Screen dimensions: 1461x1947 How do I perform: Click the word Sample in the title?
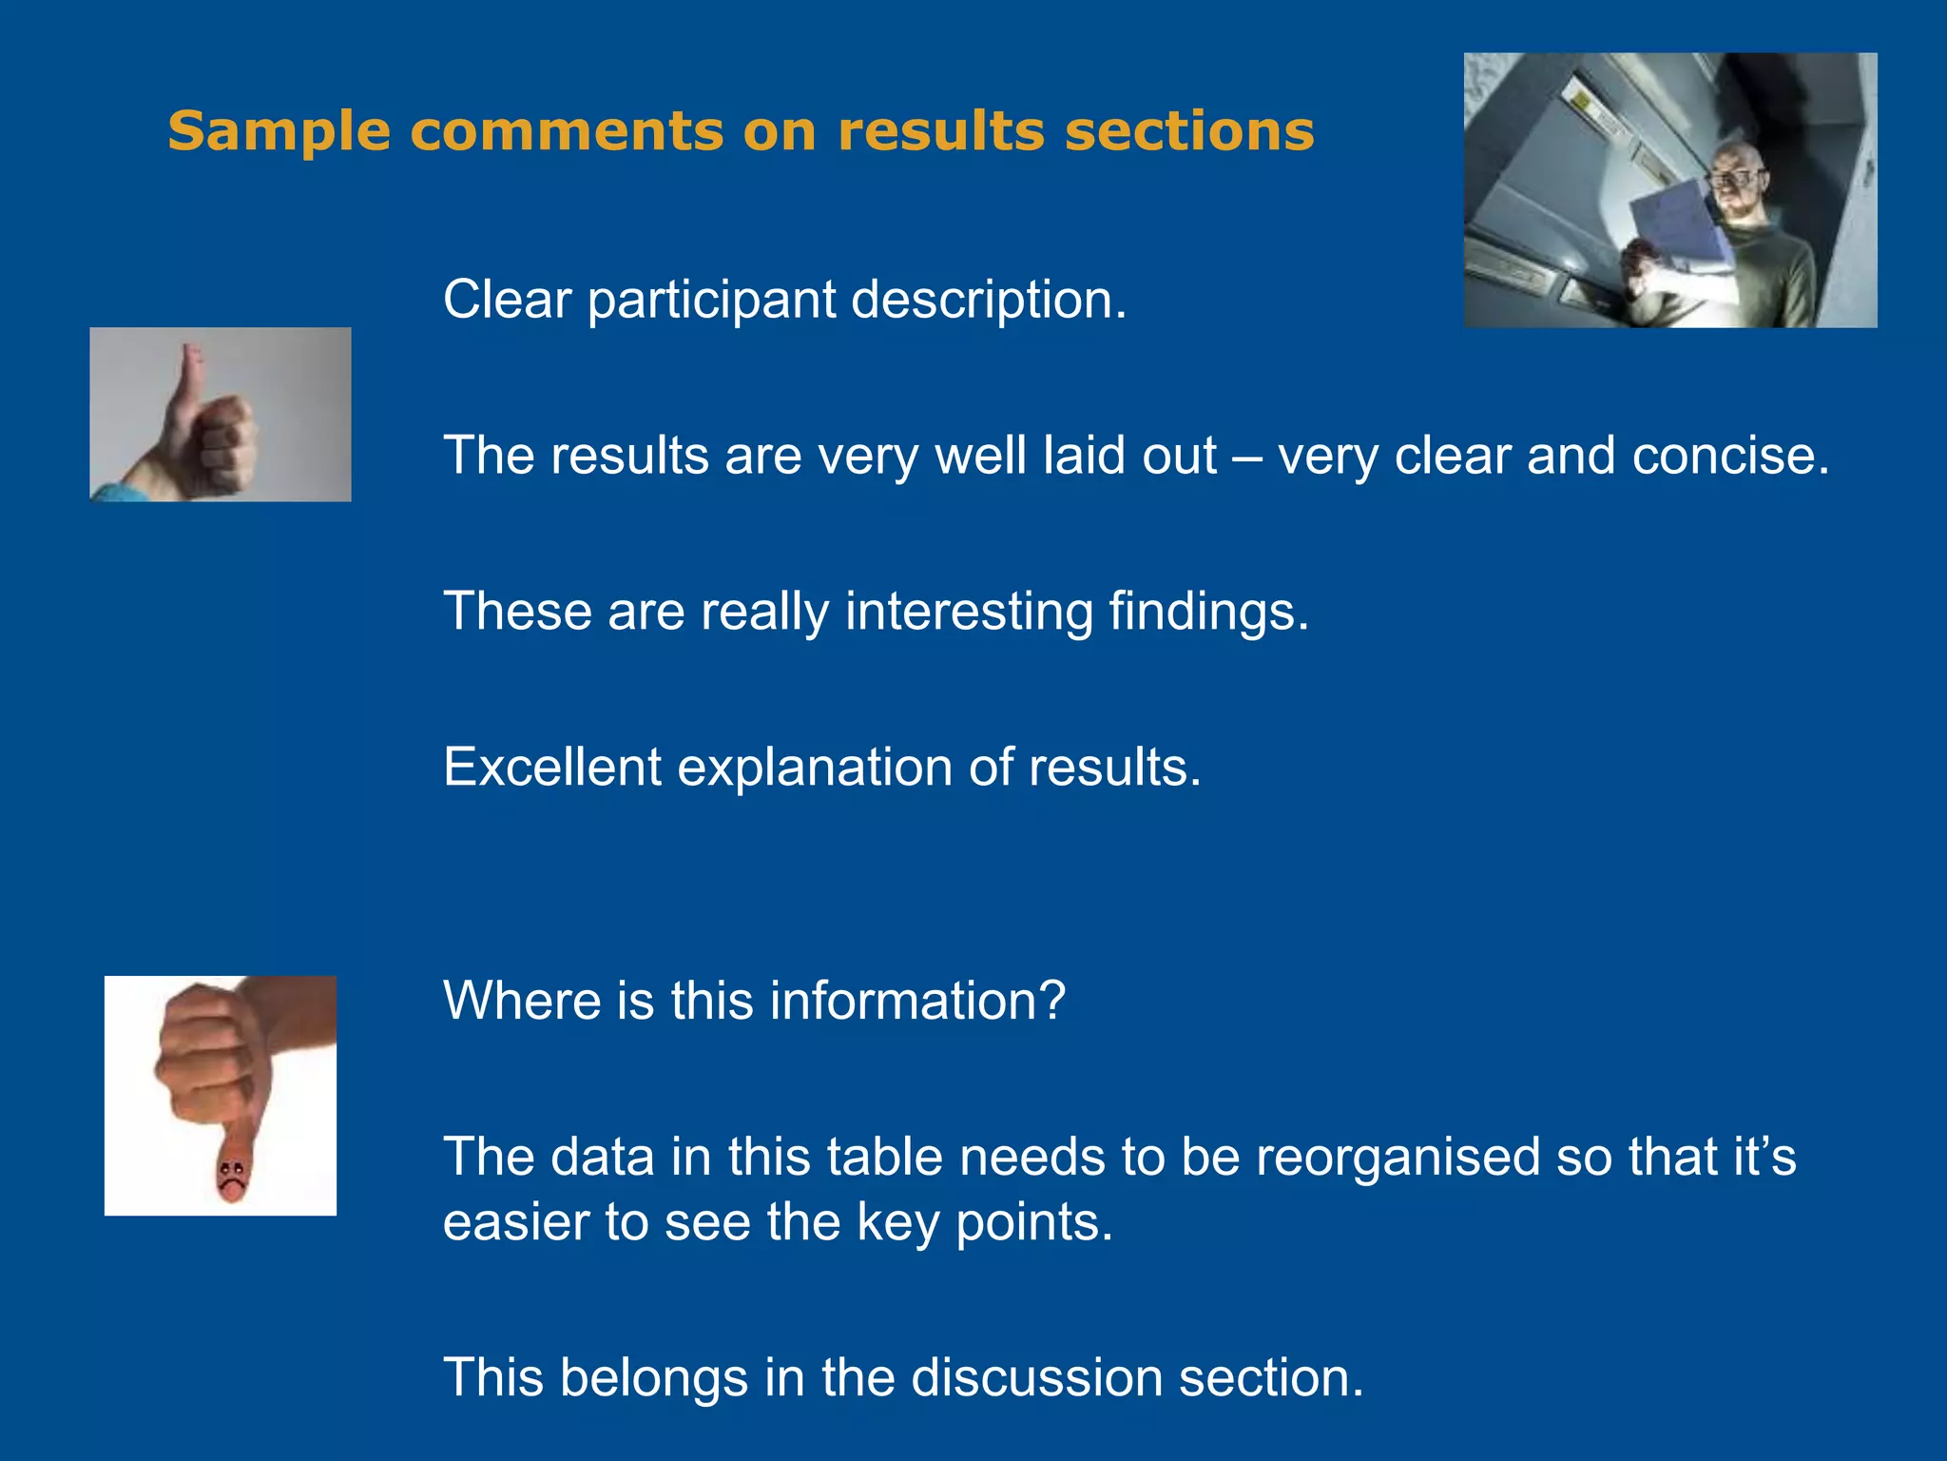coord(279,131)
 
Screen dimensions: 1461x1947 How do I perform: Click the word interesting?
coord(969,611)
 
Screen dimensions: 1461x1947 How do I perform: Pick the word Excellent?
coord(551,767)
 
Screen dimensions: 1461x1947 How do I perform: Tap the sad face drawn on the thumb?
coord(230,1176)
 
